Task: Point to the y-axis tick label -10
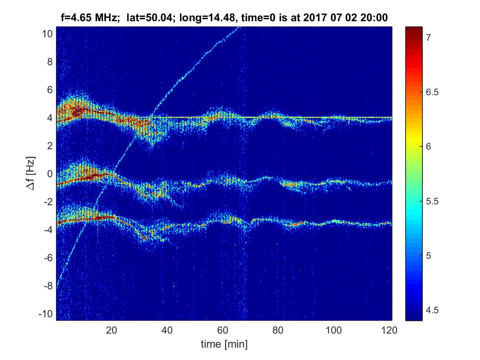pos(46,314)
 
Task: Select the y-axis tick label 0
pos(50,174)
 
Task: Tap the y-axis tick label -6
pos(48,258)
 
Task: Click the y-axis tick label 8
pos(50,62)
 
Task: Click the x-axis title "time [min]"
pos(224,344)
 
